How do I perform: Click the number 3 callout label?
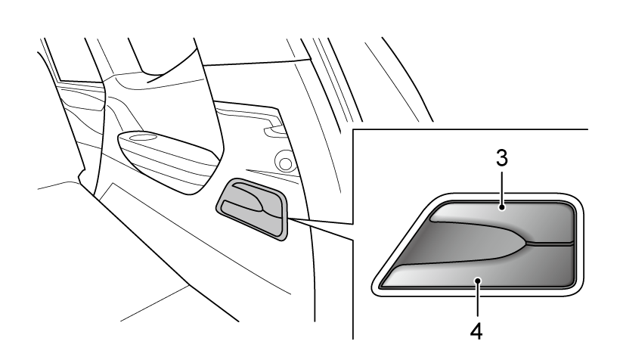(x=502, y=158)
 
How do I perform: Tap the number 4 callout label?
(x=476, y=331)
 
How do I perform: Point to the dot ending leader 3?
(x=502, y=206)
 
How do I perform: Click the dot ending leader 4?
(x=478, y=281)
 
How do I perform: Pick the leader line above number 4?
(x=478, y=299)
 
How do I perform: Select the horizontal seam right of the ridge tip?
(x=550, y=242)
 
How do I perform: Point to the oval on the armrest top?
(x=142, y=138)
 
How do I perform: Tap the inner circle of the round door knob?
(x=285, y=163)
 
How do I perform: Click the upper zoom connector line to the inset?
(x=321, y=221)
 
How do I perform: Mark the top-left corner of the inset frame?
(x=353, y=129)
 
